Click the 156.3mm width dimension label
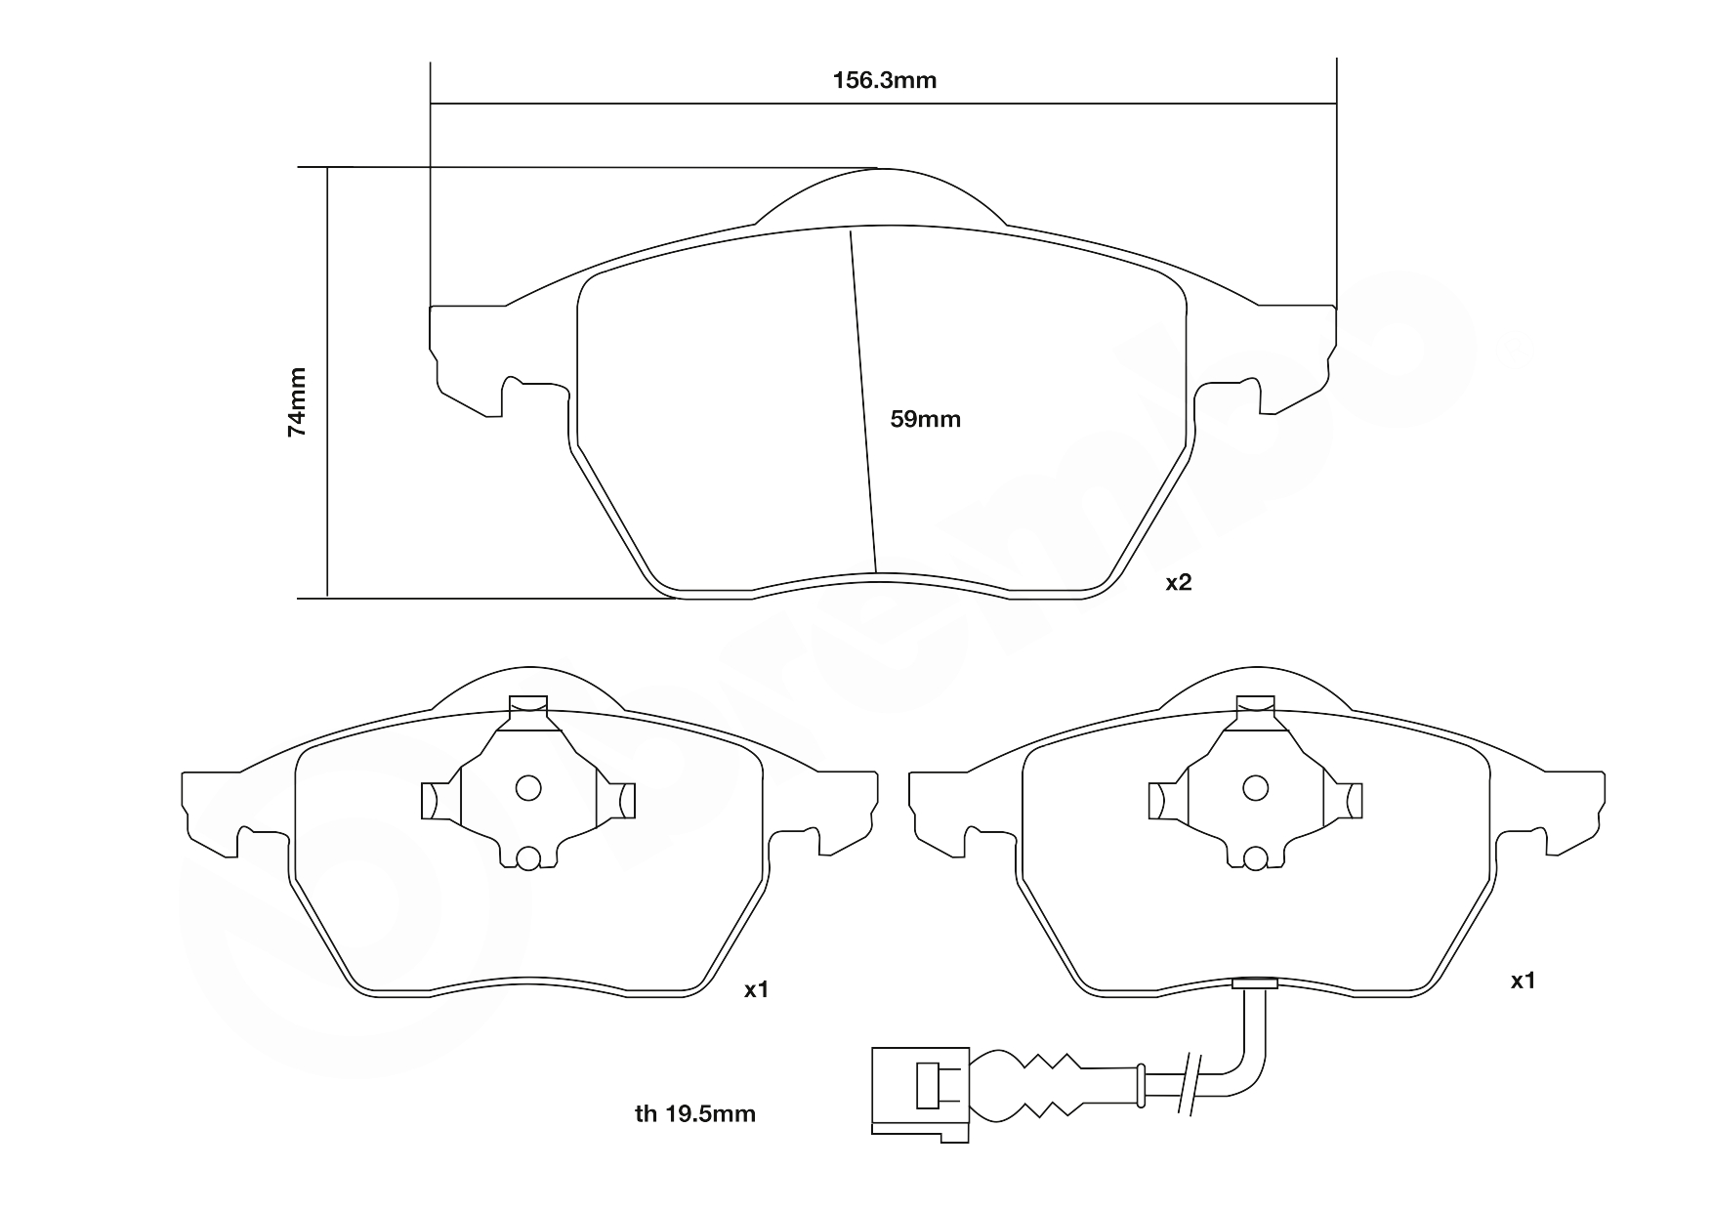[x=884, y=80]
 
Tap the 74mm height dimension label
[x=297, y=401]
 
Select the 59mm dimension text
[x=925, y=420]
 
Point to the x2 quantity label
[x=1179, y=583]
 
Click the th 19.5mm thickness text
[x=694, y=1113]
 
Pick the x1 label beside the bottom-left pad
[x=757, y=990]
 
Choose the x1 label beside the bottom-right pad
[x=1523, y=981]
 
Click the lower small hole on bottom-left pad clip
[x=527, y=857]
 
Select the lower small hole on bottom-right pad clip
[x=1256, y=857]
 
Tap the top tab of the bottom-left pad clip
[x=528, y=704]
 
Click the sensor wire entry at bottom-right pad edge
[x=1255, y=983]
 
